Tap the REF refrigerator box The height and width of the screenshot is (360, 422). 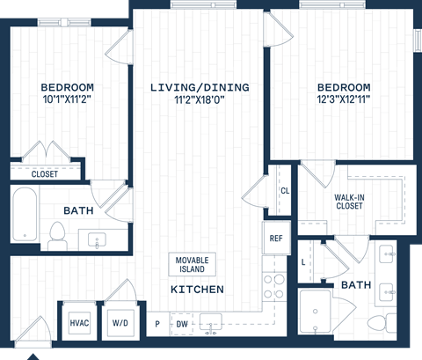(x=275, y=238)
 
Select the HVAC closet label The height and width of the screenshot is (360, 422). (x=79, y=323)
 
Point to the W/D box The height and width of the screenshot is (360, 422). (x=119, y=323)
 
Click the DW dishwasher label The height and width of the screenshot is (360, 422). (x=182, y=325)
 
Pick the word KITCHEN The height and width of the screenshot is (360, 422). (x=197, y=290)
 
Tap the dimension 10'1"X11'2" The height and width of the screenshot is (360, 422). (x=68, y=101)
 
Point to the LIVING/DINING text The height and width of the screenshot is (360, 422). (x=200, y=87)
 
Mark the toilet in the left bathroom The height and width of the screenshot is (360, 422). (x=58, y=234)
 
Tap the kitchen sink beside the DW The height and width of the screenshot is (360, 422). (x=210, y=322)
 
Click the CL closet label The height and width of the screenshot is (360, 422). (x=285, y=191)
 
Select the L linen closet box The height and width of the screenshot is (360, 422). (x=303, y=262)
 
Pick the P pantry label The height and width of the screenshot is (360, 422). (x=158, y=325)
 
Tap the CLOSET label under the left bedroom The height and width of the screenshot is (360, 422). (x=45, y=174)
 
